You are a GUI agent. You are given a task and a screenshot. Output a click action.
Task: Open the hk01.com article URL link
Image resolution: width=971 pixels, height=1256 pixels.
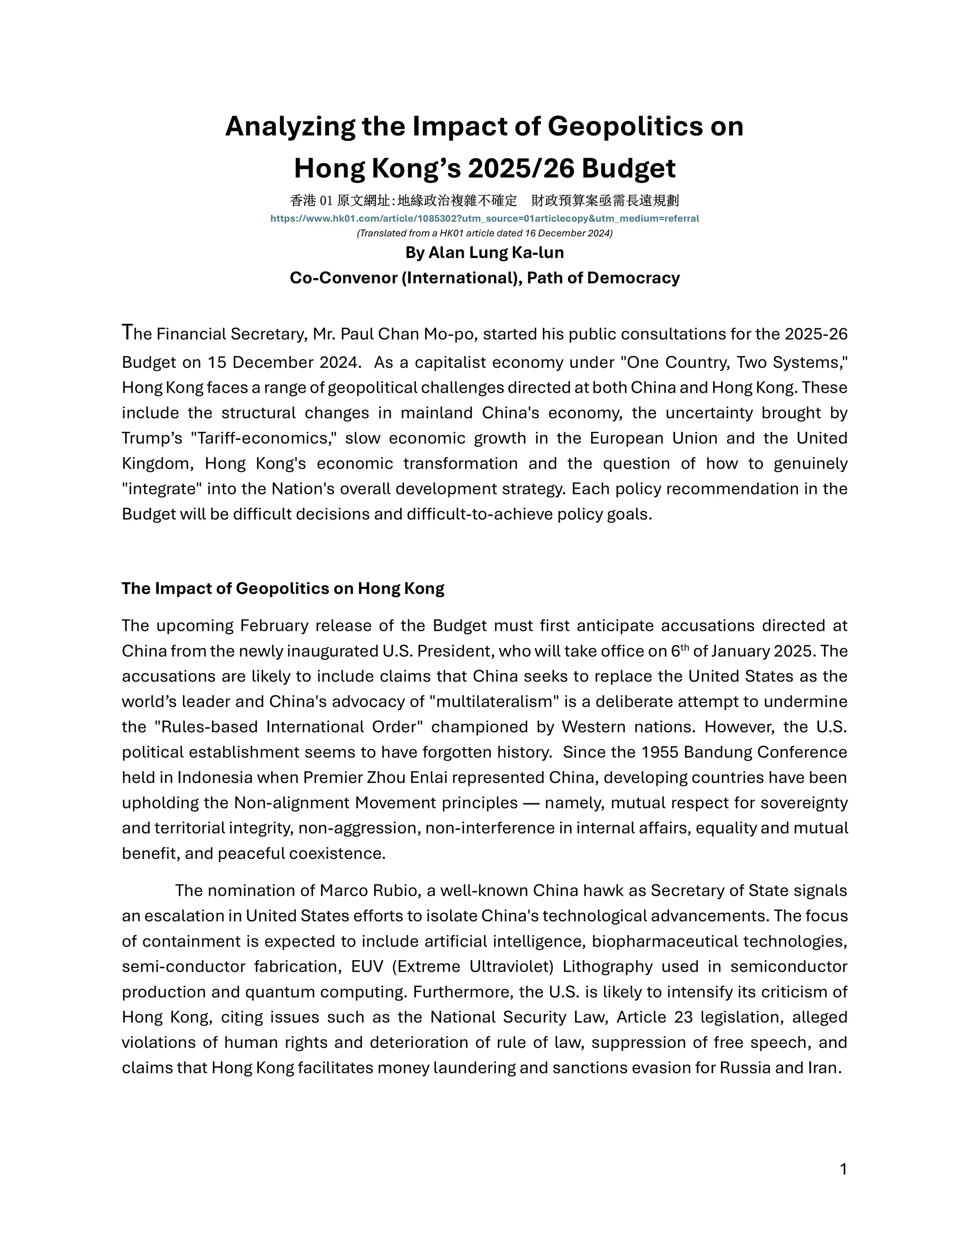(485, 218)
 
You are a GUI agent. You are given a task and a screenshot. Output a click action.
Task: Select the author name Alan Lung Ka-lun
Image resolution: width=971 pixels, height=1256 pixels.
(496, 253)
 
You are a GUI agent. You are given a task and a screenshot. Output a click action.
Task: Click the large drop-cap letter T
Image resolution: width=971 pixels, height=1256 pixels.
(127, 332)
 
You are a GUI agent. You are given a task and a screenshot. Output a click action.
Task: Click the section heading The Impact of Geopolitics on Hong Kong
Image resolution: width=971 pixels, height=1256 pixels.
(283, 588)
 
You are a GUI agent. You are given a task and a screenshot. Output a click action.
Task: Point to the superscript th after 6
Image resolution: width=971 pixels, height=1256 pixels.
(685, 647)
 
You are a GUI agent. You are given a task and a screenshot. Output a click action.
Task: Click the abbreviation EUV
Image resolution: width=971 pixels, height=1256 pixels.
(367, 966)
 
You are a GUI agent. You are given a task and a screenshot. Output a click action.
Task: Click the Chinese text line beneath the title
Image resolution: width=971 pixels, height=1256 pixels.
(485, 200)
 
